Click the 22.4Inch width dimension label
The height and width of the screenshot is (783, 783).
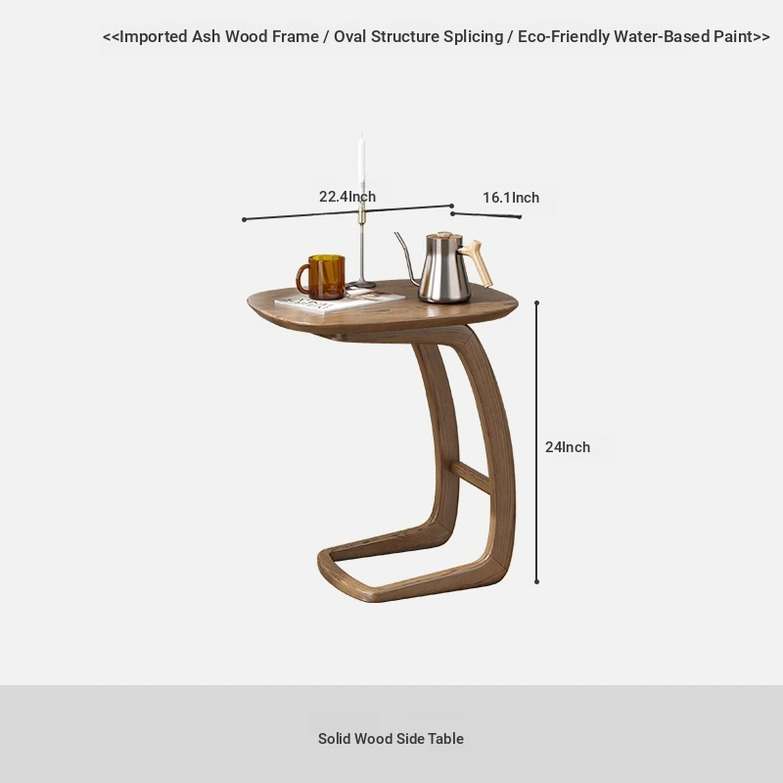347,197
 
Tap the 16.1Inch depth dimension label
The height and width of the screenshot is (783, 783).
511,198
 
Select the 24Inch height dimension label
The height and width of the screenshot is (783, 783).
568,447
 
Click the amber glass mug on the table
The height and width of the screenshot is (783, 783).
321,277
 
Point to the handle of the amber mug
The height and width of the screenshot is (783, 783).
302,279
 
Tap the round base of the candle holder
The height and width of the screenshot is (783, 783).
361,285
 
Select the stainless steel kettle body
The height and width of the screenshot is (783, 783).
444,270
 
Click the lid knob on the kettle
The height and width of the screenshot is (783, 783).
444,234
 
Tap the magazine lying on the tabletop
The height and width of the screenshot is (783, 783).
340,301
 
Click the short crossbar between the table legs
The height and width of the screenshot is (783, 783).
471,477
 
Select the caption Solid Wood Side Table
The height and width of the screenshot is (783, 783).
391,739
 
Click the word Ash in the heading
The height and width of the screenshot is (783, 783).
206,36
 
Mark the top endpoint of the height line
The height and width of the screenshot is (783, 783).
536,302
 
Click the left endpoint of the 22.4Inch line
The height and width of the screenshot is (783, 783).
244,219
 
